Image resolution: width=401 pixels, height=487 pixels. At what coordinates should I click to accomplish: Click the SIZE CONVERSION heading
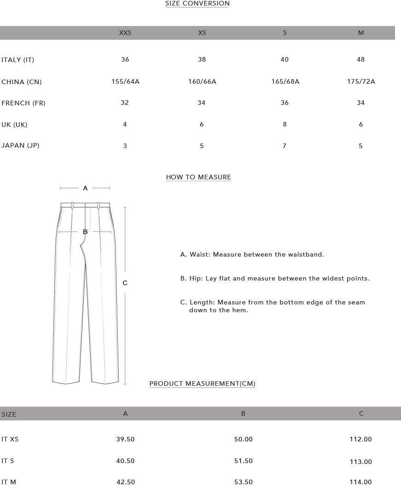tap(197, 4)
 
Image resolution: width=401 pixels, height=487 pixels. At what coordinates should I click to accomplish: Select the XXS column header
tap(125, 33)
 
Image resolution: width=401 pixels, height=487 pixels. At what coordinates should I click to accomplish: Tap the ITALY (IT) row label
tap(18, 60)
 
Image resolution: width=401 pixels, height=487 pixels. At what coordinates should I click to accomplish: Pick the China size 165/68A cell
tap(285, 82)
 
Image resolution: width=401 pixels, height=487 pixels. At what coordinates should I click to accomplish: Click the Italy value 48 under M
tap(361, 60)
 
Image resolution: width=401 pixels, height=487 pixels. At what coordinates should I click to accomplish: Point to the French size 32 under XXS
tap(125, 103)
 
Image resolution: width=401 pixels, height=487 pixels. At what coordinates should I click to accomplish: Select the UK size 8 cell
tap(285, 125)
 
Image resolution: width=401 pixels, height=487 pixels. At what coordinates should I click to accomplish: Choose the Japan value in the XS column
tap(201, 146)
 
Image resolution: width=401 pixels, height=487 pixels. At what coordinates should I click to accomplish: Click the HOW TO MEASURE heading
tap(198, 177)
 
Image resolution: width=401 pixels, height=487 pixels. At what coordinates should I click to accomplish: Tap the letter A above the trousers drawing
tap(85, 188)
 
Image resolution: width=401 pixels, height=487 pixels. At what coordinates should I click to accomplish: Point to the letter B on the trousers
tap(85, 232)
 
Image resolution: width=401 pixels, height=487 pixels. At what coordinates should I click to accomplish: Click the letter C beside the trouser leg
tap(125, 283)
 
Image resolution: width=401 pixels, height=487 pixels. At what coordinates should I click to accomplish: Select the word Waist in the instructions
tap(199, 255)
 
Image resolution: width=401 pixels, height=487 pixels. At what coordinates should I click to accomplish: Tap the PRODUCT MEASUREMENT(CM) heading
tap(202, 384)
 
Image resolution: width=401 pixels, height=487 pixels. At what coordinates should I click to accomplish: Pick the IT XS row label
tap(10, 440)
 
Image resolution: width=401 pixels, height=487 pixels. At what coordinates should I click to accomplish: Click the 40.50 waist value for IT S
tap(125, 461)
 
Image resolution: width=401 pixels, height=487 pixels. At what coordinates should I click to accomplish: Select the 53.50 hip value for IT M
tap(243, 482)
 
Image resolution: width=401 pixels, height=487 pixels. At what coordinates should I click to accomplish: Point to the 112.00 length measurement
tap(361, 440)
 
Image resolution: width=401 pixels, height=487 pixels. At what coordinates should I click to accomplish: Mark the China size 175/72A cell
tap(361, 82)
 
